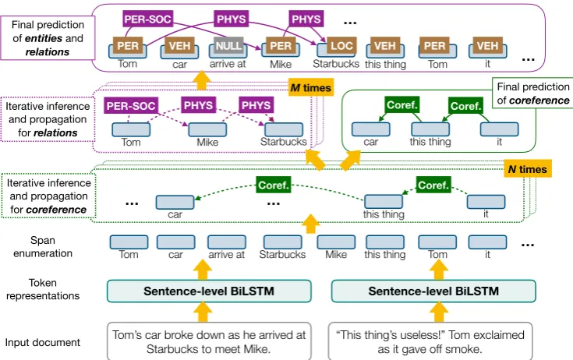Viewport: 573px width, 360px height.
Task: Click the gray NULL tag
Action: tap(228, 46)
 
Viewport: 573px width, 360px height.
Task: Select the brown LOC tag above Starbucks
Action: tap(341, 46)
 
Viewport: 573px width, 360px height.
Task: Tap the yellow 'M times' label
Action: tap(311, 87)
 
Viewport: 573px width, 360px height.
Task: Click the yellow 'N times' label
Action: tap(528, 169)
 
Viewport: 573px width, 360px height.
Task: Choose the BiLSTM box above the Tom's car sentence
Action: tap(209, 291)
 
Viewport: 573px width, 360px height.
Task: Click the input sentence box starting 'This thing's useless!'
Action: tap(430, 341)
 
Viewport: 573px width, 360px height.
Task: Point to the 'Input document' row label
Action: tap(42, 343)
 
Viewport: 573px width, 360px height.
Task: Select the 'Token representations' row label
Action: tap(43, 289)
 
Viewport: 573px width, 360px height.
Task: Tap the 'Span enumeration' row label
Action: tap(43, 247)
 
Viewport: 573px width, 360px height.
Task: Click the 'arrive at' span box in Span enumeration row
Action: tap(227, 242)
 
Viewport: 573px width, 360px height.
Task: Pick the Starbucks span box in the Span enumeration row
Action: tap(282, 242)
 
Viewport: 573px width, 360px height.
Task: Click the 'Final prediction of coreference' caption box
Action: tap(532, 93)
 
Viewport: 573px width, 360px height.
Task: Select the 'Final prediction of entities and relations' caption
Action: tap(48, 38)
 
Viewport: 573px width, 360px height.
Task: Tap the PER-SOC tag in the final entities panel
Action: tap(147, 19)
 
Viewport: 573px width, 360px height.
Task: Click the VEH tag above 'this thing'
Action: tap(385, 46)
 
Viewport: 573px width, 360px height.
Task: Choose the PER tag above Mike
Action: tap(281, 46)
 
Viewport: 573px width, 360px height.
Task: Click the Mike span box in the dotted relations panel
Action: tap(207, 129)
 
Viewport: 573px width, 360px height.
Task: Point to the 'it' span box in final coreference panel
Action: tap(499, 129)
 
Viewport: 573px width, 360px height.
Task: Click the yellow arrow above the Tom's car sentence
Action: tap(203, 312)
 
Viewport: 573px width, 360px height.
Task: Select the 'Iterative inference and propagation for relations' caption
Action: tap(48, 119)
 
